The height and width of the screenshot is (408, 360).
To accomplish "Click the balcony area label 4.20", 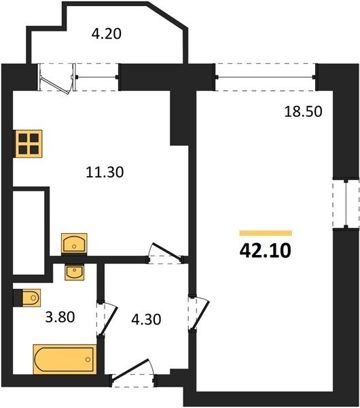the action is pyautogui.click(x=107, y=34).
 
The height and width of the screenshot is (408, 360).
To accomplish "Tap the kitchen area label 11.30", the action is pyautogui.click(x=105, y=172).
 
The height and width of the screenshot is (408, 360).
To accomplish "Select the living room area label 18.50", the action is pyautogui.click(x=304, y=112).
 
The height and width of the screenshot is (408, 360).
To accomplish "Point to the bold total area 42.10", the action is pyautogui.click(x=265, y=250).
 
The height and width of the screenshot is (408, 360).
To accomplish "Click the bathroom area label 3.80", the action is pyautogui.click(x=60, y=317).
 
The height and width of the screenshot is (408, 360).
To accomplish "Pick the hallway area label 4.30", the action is pyautogui.click(x=146, y=320).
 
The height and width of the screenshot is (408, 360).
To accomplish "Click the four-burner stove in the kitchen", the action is pyautogui.click(x=28, y=143).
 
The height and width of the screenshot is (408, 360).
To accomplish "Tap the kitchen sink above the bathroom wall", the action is pyautogui.click(x=74, y=243).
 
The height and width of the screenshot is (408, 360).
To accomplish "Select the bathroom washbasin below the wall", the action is pyautogui.click(x=75, y=272).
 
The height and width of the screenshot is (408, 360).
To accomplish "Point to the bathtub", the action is pyautogui.click(x=65, y=359).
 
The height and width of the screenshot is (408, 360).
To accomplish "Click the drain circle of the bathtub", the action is pyautogui.click(x=88, y=359).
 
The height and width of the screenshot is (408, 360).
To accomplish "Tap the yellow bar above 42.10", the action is pyautogui.click(x=266, y=233).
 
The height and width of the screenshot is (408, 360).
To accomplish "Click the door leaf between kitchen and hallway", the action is pyautogui.click(x=166, y=251).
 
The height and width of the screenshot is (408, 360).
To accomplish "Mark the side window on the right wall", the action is pyautogui.click(x=346, y=203).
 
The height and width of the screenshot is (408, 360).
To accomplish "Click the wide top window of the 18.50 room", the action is pyautogui.click(x=265, y=77).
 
